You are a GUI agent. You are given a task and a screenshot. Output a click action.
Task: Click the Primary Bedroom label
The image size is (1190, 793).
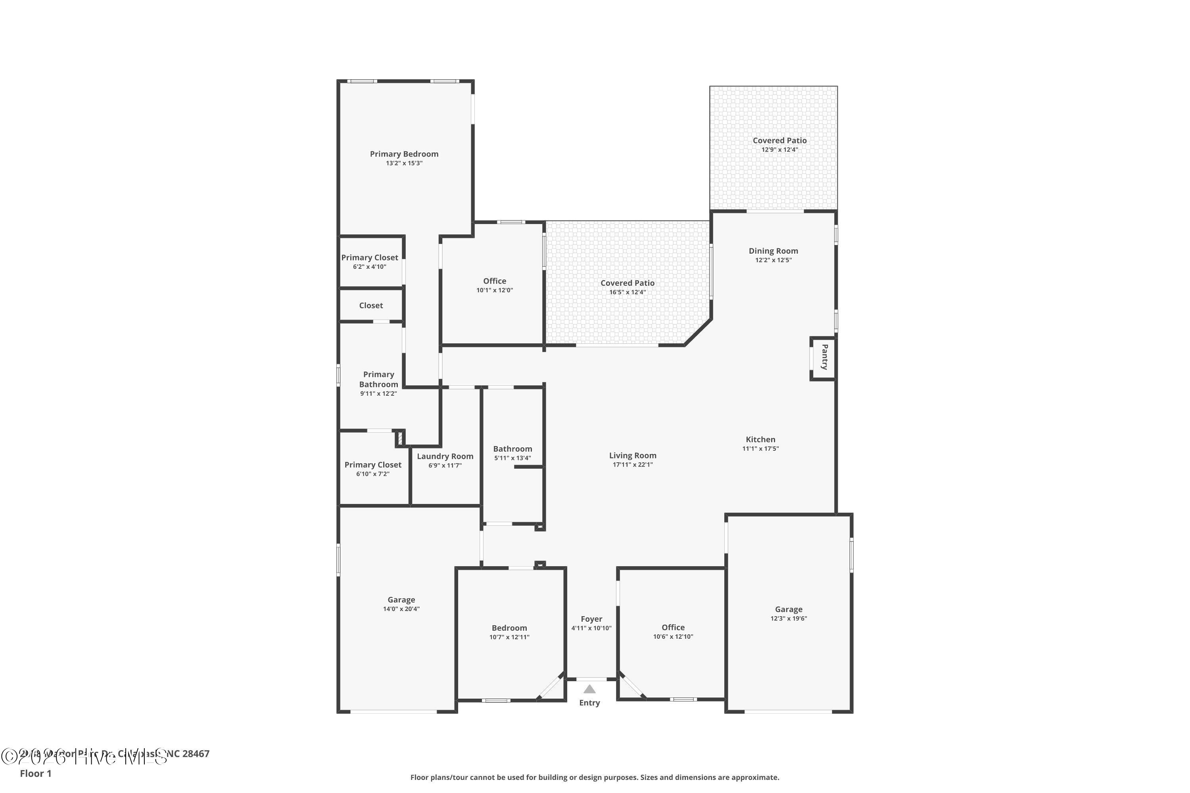404,154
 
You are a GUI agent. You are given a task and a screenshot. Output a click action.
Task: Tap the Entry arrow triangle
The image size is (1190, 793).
589,689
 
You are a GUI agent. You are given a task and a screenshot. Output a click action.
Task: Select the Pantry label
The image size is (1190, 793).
824,357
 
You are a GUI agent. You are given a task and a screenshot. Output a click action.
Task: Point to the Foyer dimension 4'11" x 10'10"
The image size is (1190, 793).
591,628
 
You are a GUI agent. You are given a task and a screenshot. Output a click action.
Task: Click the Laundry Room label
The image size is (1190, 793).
445,456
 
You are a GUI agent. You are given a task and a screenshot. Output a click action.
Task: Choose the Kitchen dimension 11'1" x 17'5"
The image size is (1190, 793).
760,448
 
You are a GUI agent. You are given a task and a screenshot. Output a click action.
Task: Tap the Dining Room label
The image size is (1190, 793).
773,251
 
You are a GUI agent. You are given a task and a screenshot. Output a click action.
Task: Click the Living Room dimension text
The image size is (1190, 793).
632,465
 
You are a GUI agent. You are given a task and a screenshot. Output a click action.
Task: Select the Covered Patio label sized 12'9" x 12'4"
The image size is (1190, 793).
779,141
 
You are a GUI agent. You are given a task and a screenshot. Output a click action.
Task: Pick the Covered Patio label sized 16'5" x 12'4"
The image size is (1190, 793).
628,283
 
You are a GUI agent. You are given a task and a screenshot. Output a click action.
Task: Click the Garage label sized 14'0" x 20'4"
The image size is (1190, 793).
401,600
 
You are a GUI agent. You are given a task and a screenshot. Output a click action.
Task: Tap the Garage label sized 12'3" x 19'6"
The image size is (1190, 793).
788,609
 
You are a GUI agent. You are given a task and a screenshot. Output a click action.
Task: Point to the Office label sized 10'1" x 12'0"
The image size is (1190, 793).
494,281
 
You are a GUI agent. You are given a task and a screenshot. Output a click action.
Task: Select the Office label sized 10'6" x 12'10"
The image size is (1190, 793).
673,627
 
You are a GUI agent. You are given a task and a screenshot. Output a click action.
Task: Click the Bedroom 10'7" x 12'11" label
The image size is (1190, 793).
509,628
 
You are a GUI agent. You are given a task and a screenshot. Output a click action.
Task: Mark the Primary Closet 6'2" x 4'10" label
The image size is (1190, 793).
369,257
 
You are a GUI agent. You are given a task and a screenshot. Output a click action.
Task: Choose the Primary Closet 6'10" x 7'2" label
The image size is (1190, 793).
373,465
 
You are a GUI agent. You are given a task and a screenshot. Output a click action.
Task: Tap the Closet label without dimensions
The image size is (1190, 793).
371,305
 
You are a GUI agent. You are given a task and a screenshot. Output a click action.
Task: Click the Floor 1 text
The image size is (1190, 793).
35,773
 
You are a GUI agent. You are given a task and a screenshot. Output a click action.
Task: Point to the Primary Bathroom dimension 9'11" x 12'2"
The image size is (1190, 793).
378,393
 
